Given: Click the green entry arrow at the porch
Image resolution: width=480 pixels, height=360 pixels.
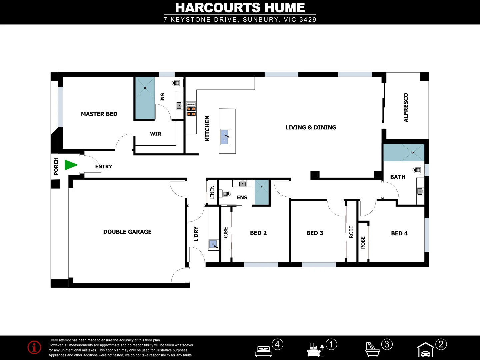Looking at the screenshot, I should (71, 165).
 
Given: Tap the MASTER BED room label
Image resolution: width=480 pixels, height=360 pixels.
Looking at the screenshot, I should (99, 114).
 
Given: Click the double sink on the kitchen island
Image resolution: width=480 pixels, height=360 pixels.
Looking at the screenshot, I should (225, 137).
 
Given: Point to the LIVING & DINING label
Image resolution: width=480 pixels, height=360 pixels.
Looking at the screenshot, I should (310, 127).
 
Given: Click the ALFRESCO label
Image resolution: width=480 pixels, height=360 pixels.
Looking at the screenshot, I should (406, 107).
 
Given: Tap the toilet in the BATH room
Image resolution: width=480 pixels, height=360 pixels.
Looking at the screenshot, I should (417, 170).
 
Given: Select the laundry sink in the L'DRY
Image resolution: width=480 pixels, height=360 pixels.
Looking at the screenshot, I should (213, 244).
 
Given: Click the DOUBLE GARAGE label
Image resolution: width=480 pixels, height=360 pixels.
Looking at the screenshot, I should (127, 232).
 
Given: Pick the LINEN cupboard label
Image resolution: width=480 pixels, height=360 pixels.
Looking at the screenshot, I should (212, 192).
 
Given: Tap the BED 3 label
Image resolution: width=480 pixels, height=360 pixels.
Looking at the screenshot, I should (315, 233).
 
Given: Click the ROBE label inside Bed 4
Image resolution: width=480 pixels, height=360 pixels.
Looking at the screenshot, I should (363, 242).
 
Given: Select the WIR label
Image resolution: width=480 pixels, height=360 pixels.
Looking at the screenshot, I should (155, 134).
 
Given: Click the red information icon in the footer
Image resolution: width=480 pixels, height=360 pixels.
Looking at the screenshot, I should (34, 347).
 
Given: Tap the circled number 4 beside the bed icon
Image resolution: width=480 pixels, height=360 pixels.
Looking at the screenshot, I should (277, 344).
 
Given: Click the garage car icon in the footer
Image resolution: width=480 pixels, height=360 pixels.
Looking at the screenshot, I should (425, 350).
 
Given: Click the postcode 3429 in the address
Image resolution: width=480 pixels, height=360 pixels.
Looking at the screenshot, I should (308, 20).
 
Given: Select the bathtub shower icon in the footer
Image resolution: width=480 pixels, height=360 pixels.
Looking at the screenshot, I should (372, 349).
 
